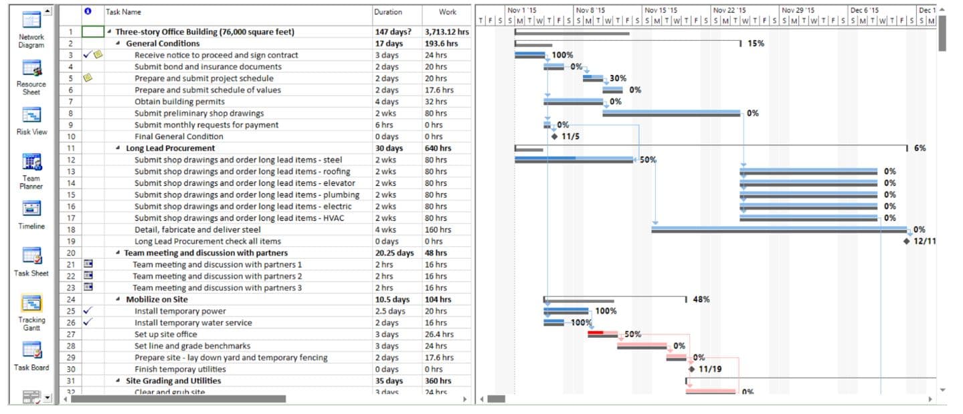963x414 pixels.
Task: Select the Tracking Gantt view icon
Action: (31, 304)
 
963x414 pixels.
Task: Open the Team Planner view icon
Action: (31, 163)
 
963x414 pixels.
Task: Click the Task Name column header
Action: (124, 12)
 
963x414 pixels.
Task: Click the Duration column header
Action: (388, 12)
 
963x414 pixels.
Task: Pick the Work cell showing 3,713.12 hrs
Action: (446, 32)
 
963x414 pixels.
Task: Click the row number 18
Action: (71, 229)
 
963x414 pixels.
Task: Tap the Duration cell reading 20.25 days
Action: (394, 253)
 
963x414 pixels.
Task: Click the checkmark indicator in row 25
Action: (88, 311)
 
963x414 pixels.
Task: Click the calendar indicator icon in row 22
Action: (88, 276)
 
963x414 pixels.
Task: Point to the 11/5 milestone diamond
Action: (554, 136)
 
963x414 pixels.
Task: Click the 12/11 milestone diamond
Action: (907, 241)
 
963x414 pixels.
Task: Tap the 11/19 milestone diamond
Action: (691, 369)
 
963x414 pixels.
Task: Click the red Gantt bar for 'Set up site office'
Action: (596, 332)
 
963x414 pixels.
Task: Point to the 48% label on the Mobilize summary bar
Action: (701, 300)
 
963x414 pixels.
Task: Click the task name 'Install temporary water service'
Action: (193, 322)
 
